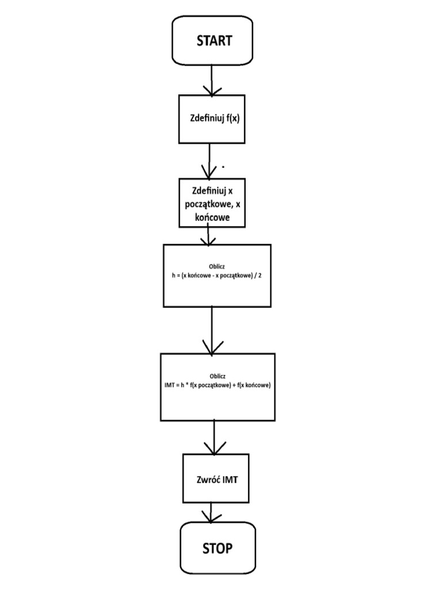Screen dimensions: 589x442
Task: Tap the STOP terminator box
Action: (x=217, y=548)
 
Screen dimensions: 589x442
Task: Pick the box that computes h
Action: (x=216, y=276)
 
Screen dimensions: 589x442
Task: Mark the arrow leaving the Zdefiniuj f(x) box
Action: (x=209, y=160)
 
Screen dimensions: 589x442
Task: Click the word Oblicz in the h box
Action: (x=217, y=267)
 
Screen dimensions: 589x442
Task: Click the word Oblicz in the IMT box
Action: (x=218, y=377)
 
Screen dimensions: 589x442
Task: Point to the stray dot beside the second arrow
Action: (x=223, y=167)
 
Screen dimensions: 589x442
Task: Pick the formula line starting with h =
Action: (x=216, y=276)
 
